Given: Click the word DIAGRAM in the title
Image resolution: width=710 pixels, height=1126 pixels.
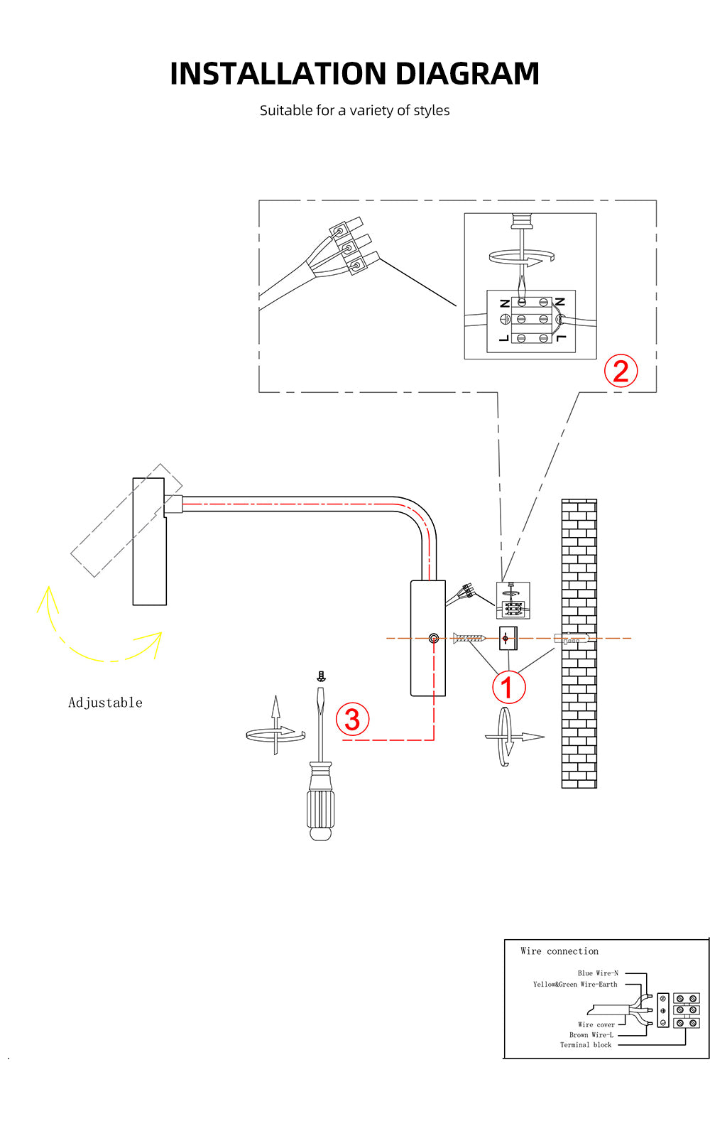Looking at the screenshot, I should click(x=467, y=74).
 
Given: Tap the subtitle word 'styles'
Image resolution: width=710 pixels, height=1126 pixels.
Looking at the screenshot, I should click(x=432, y=110).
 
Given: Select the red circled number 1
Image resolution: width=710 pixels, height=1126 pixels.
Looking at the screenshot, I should click(x=508, y=687).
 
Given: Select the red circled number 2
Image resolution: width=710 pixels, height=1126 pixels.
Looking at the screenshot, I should click(x=621, y=372).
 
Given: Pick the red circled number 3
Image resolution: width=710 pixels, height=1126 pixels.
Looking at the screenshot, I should click(x=352, y=719).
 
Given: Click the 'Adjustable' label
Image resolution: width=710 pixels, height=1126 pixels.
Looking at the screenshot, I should click(x=105, y=703).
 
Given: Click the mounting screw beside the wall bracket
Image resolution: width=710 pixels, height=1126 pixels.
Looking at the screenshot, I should click(x=469, y=639).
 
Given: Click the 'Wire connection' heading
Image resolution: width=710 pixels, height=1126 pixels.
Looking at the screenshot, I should click(x=559, y=951).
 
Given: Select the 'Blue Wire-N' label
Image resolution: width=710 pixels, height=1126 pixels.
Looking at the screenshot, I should click(x=598, y=973).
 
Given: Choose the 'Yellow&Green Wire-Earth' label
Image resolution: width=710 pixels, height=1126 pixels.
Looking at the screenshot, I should click(x=575, y=985).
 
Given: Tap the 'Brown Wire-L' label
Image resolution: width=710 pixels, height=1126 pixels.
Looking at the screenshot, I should click(x=591, y=1035).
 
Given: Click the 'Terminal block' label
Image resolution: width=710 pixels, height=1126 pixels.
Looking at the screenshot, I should click(x=585, y=1045).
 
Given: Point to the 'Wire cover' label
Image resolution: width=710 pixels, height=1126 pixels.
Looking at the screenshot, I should click(x=596, y=1025).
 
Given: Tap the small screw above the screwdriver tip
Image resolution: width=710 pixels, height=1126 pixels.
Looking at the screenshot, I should click(x=321, y=676).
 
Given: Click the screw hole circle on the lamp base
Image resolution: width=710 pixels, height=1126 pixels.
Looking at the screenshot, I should click(x=434, y=639).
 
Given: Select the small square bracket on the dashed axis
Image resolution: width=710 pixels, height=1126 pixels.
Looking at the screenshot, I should click(x=507, y=638).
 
